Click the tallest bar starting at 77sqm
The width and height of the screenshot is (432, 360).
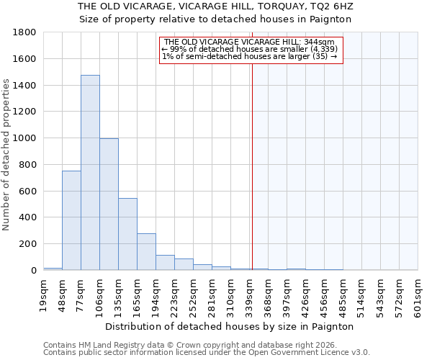click(x=90, y=173)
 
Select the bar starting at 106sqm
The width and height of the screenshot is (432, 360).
click(x=109, y=204)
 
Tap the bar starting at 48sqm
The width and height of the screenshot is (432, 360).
click(x=71, y=220)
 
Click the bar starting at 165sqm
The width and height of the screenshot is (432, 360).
click(x=146, y=252)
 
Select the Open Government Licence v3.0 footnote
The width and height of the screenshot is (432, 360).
click(x=207, y=353)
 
